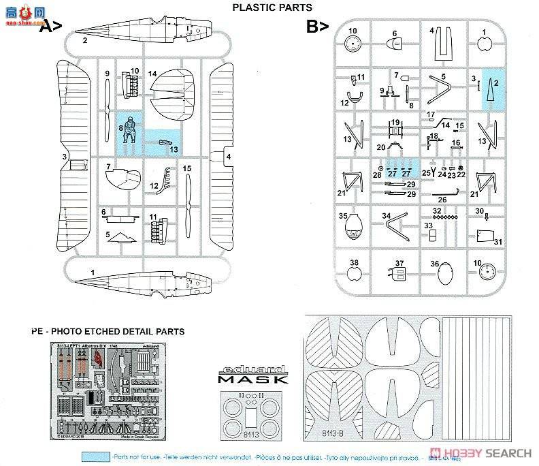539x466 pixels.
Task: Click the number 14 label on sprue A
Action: coord(152,74)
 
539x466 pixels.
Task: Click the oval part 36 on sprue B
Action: coord(443,274)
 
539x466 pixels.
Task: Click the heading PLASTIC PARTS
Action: coord(272,7)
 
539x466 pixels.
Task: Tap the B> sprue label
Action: coord(317,27)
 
